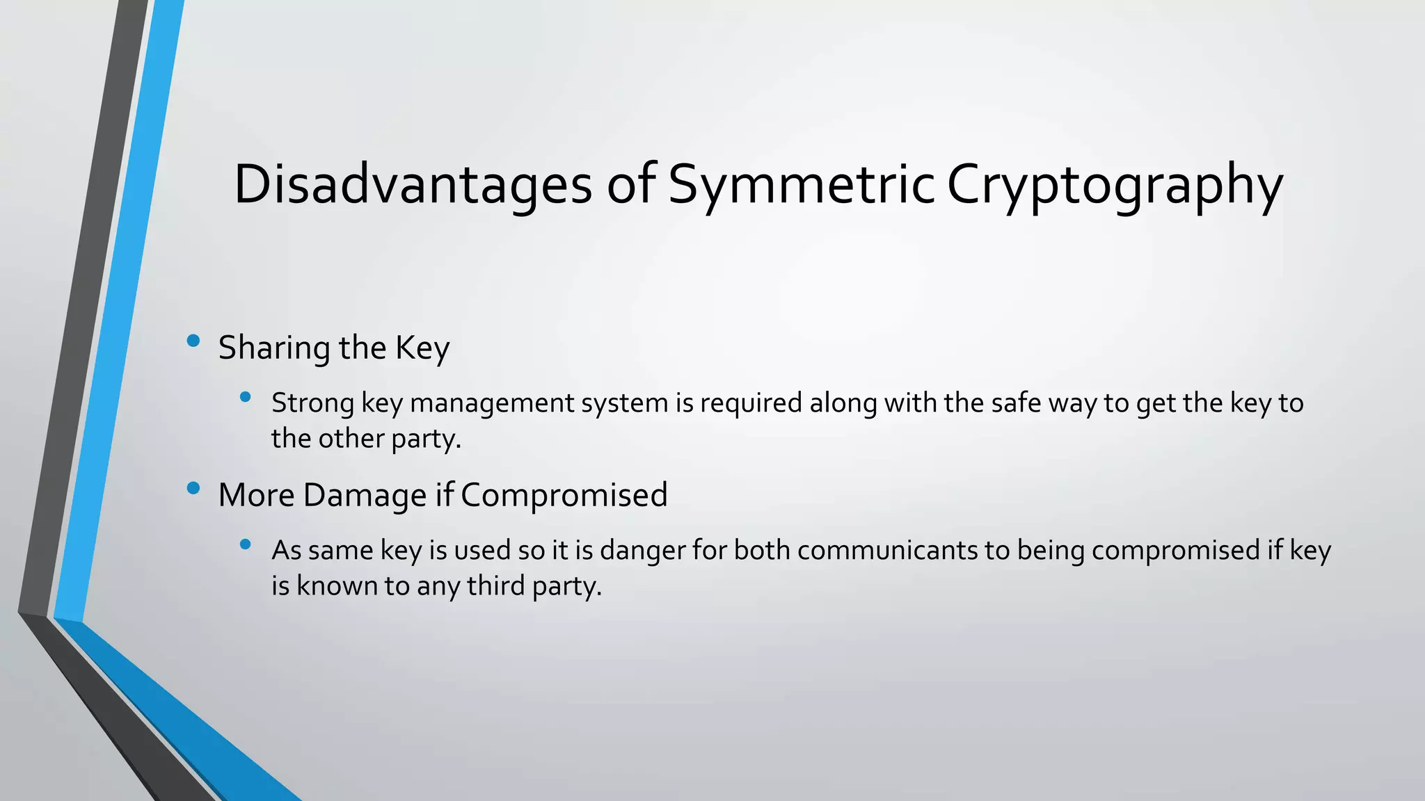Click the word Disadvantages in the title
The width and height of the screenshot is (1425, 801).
[412, 185]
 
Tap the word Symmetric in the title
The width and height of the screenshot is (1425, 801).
[801, 185]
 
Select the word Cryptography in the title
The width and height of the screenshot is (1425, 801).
[1115, 185]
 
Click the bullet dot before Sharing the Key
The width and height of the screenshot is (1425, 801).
[193, 341]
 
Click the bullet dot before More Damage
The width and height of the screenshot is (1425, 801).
[193, 488]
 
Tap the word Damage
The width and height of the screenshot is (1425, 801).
[364, 495]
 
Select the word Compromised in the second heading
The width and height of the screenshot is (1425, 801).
[564, 495]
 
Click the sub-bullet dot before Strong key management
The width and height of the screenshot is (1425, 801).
[244, 397]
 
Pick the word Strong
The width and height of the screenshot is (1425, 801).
[312, 403]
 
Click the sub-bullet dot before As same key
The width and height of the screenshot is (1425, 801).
[244, 544]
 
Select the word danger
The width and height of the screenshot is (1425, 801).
[642, 551]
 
